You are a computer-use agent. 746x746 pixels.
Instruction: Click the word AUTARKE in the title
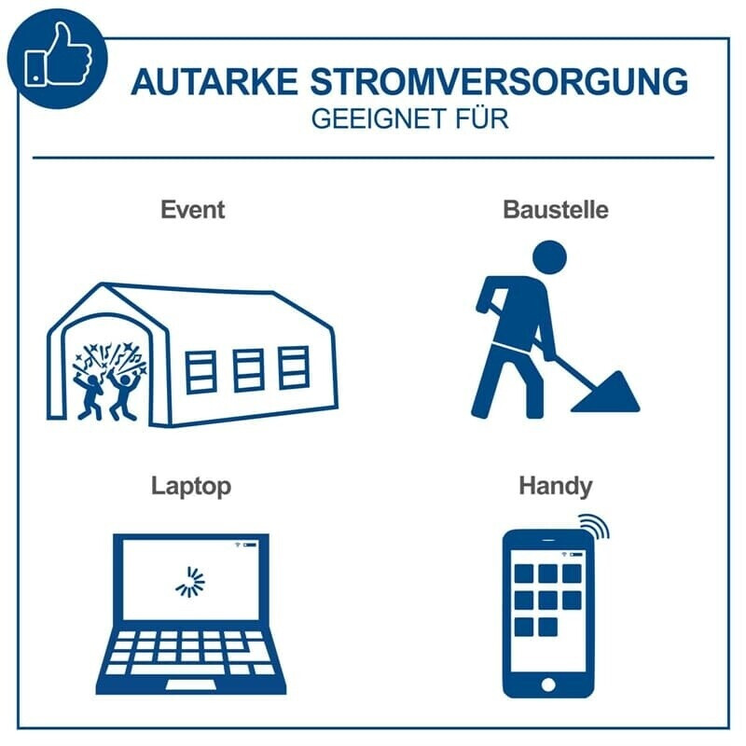[214, 82]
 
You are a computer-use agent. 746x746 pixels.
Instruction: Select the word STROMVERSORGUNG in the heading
[499, 82]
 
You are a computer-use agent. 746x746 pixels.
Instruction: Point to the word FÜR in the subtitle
[482, 118]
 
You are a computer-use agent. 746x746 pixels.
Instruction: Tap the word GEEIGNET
[380, 119]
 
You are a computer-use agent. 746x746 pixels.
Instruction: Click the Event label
[193, 210]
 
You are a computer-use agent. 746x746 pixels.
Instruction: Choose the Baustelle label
[556, 210]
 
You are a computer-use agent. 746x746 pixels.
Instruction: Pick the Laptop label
[191, 487]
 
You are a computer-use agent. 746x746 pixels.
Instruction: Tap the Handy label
[556, 487]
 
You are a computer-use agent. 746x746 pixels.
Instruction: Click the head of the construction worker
[549, 257]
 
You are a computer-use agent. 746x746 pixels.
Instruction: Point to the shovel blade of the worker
[607, 394]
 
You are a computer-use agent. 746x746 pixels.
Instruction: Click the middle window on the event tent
[248, 370]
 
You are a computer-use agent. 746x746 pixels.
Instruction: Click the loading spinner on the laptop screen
[190, 582]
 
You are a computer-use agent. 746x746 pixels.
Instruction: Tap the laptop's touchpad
[191, 684]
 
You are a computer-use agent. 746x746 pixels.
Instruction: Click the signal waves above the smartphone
[596, 526]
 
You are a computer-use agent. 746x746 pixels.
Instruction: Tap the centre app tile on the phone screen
[548, 601]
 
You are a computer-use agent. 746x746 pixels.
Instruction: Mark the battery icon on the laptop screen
[250, 545]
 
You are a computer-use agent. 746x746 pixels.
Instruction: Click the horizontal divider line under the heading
[374, 158]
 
